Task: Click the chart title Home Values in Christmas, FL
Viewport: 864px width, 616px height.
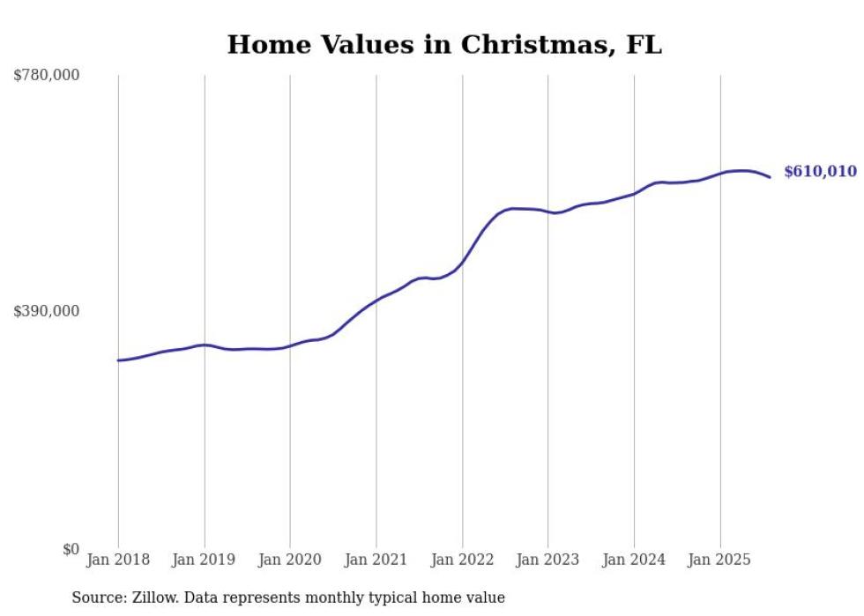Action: tap(444, 44)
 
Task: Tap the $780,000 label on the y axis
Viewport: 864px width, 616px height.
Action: tap(47, 76)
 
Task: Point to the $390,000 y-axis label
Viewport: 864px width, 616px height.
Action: tap(47, 311)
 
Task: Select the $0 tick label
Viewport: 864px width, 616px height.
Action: tap(70, 549)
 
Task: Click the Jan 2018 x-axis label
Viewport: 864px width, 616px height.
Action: tap(118, 560)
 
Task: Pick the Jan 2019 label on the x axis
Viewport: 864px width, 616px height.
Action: tap(205, 560)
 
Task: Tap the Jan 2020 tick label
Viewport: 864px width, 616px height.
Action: tap(290, 560)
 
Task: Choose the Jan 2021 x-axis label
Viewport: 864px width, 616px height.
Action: tap(376, 560)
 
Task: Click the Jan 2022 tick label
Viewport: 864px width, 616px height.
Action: tap(462, 560)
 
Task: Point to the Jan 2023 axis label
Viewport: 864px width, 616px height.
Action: tap(548, 560)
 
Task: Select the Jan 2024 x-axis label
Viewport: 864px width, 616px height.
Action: tap(634, 560)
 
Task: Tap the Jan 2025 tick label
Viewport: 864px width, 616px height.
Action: tap(720, 560)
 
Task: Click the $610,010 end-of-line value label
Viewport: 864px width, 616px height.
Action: tap(820, 172)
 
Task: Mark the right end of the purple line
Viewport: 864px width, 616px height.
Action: tap(770, 177)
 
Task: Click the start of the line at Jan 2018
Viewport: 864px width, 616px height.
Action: tap(118, 360)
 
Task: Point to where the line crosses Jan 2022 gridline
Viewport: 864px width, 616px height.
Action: tap(462, 262)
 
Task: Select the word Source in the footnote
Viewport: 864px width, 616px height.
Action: tap(94, 597)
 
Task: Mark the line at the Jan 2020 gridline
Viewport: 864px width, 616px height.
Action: tap(290, 346)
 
